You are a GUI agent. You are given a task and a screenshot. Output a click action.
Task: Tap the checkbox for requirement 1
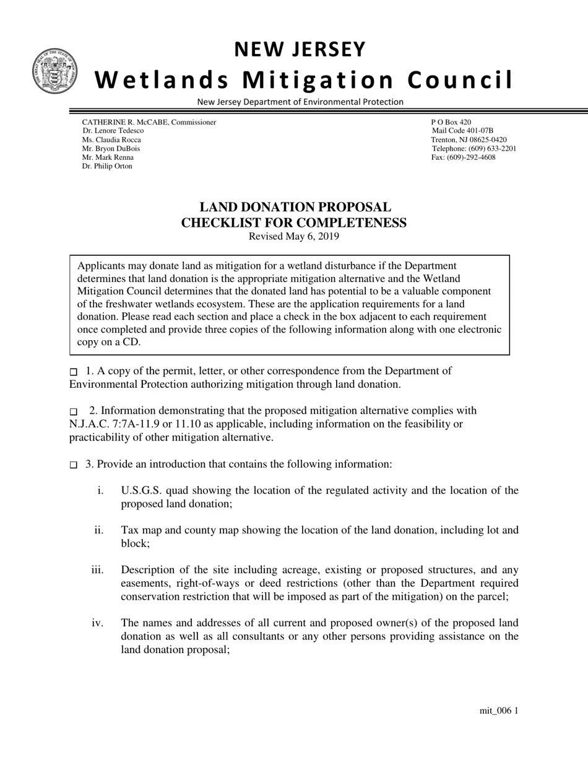click(x=74, y=372)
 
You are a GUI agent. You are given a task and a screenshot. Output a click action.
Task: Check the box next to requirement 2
click(x=74, y=411)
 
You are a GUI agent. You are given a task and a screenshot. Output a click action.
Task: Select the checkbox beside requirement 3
click(x=74, y=465)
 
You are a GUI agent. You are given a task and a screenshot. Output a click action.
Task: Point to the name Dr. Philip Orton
click(x=107, y=166)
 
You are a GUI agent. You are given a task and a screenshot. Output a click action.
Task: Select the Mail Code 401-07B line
click(x=462, y=131)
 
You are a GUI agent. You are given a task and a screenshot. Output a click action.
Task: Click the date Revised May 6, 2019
click(x=294, y=237)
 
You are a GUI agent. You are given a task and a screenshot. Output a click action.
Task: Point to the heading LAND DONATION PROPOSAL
click(x=295, y=208)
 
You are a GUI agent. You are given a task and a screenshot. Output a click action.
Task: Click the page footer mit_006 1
click(x=498, y=711)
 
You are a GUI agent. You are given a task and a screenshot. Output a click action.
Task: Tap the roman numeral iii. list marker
click(x=97, y=570)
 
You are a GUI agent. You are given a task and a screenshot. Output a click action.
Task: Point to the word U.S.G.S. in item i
click(x=142, y=491)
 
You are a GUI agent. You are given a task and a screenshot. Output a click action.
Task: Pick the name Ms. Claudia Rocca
click(x=111, y=140)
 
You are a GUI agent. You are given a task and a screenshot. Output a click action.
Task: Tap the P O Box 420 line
click(x=451, y=122)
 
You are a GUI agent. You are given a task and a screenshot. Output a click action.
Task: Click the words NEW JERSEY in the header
click(x=300, y=50)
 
